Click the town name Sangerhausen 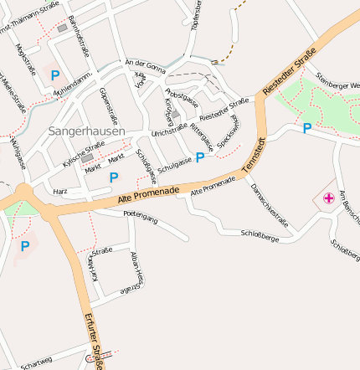(86, 131)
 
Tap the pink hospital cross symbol (329, 198)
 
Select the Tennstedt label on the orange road (251, 157)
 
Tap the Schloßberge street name (259, 237)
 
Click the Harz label (60, 191)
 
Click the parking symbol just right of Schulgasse (200, 157)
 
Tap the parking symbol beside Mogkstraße (55, 75)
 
